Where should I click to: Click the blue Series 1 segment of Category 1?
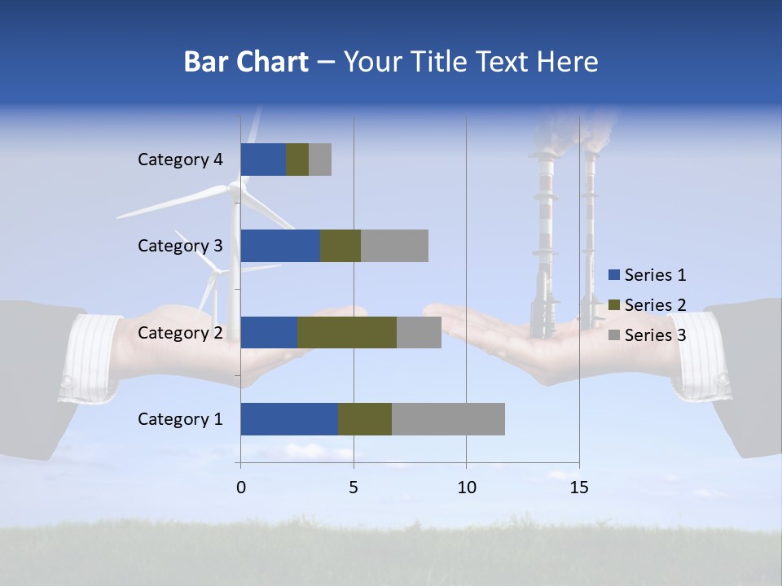(x=289, y=419)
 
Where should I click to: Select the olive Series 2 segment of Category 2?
(x=347, y=332)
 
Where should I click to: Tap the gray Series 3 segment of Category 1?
(x=448, y=419)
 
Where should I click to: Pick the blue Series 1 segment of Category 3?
(x=280, y=246)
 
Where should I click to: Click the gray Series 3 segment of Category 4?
(x=320, y=160)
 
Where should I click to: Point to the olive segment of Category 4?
(x=297, y=160)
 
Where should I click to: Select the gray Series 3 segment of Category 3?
(x=394, y=246)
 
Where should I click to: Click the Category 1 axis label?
(x=180, y=419)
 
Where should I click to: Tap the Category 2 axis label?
(x=180, y=333)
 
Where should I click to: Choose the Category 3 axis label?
(x=180, y=246)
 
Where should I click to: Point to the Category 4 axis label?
(x=180, y=160)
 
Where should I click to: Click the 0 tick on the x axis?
(x=240, y=488)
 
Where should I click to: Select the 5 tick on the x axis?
(x=354, y=488)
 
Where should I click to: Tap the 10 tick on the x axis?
(x=466, y=488)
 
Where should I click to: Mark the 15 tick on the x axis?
(x=579, y=488)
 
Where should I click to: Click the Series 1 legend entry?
(x=647, y=275)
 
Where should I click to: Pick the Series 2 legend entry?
(x=647, y=305)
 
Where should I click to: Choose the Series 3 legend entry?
(x=647, y=335)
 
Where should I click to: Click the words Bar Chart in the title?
(x=246, y=62)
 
